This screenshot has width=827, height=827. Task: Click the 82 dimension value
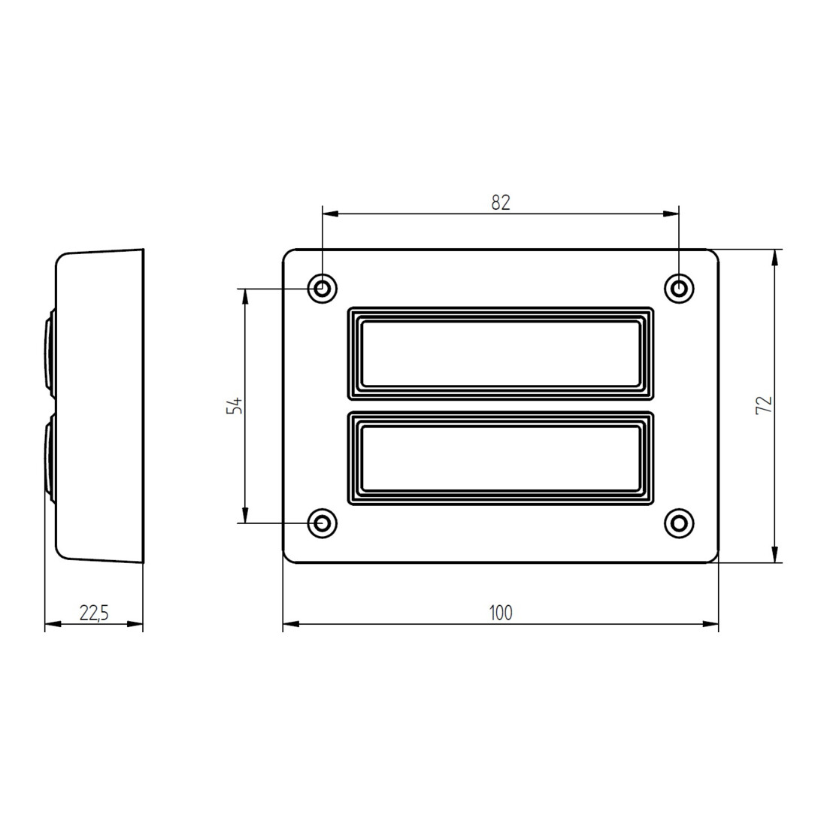[x=501, y=202]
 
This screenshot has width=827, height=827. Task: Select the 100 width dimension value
[x=501, y=613]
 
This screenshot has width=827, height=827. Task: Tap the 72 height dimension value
[x=764, y=405]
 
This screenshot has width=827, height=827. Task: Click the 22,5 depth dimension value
[x=94, y=613]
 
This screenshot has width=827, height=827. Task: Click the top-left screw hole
[x=323, y=289]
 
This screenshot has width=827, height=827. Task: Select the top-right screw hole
[x=679, y=289]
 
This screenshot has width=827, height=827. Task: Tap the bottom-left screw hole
[x=323, y=523]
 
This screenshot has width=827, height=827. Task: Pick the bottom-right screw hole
[x=679, y=523]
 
